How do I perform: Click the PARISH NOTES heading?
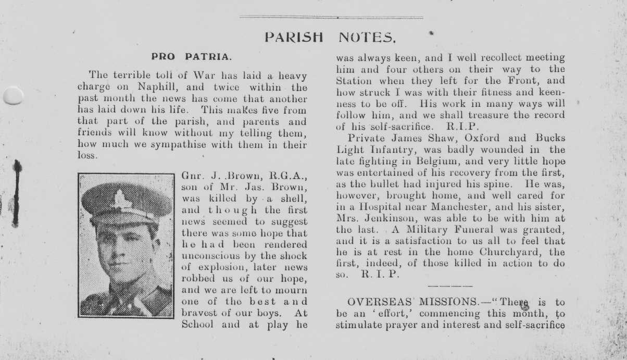pyautogui.click(x=331, y=38)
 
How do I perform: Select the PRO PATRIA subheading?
pyautogui.click(x=192, y=56)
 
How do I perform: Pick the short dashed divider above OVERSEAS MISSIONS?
pyautogui.click(x=449, y=285)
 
